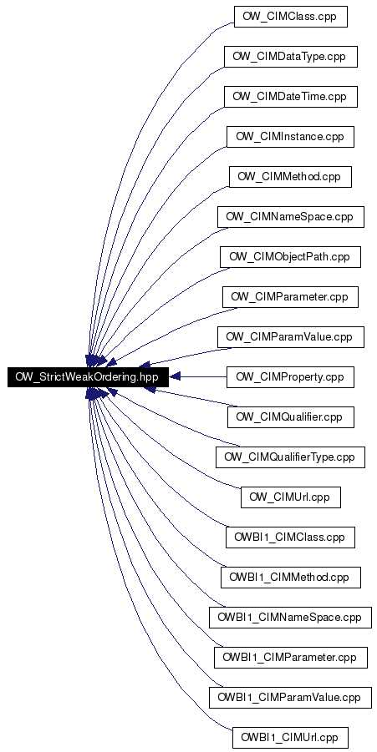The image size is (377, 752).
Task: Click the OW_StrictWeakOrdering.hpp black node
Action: coord(88,377)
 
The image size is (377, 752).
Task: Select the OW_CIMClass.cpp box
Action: coord(290,17)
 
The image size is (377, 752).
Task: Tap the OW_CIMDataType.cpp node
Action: coord(291,57)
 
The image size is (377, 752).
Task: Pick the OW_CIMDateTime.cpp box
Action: coord(291,97)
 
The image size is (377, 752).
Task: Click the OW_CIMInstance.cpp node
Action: coord(290,137)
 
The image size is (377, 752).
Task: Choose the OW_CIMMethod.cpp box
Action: coord(290,177)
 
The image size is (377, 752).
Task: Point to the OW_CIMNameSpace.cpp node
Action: coord(291,217)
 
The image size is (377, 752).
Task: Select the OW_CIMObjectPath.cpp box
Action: coord(290,257)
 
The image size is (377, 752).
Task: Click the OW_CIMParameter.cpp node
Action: coord(291,297)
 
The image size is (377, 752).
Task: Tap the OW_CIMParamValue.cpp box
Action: coord(291,337)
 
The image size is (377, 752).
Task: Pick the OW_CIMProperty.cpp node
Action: coord(290,377)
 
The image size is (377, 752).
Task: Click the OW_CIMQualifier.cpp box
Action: coord(291,417)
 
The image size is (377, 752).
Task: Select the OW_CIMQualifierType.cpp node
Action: coord(290,457)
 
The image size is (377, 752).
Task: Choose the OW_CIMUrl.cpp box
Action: coord(291,497)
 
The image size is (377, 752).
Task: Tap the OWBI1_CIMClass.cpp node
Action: coord(290,538)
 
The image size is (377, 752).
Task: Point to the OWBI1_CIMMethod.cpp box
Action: coord(290,578)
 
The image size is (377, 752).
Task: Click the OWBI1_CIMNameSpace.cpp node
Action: coord(290,618)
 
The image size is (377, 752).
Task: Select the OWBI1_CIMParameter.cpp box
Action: coord(291,658)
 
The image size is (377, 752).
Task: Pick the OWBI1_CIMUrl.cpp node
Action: coord(290,738)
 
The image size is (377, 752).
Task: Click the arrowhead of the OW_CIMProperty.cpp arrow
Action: coord(174,377)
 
